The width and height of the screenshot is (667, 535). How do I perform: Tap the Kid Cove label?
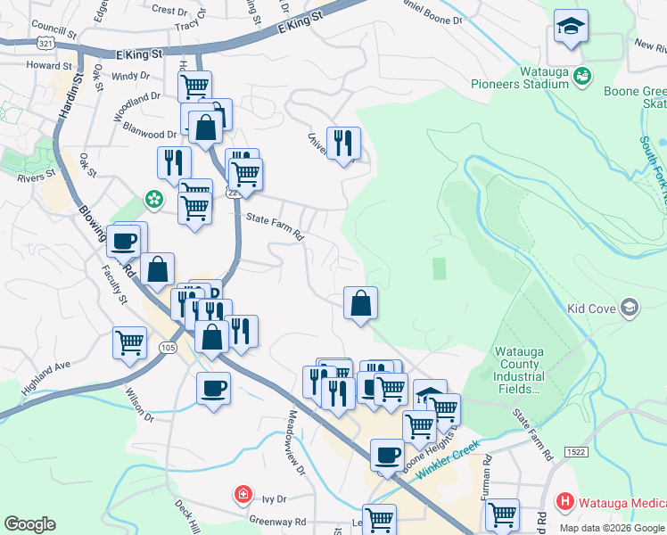pyautogui.click(x=590, y=309)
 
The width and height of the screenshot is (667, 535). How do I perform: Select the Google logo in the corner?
pyautogui.click(x=29, y=524)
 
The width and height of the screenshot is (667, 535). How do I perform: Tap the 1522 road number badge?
pyautogui.click(x=575, y=453)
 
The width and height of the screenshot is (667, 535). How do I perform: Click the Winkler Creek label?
pyautogui.click(x=448, y=452)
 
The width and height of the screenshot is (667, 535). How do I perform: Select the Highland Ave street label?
pyautogui.click(x=46, y=366)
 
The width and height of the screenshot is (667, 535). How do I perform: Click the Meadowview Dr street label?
pyautogui.click(x=295, y=441)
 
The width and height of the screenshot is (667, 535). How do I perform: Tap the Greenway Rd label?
pyautogui.click(x=277, y=522)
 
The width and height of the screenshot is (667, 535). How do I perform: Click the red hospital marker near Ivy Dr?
pyautogui.click(x=242, y=494)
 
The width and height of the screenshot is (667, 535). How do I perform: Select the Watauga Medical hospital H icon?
pyautogui.click(x=564, y=502)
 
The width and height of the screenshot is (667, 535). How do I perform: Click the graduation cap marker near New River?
pyautogui.click(x=570, y=27)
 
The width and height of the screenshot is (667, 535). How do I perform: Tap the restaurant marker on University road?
pyautogui.click(x=343, y=142)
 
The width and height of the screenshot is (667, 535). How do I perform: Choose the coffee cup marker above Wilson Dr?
pyautogui.click(x=213, y=388)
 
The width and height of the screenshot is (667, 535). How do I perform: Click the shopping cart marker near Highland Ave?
pyautogui.click(x=130, y=342)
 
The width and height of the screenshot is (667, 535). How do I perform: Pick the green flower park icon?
pyautogui.click(x=154, y=197)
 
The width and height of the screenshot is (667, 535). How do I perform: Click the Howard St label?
pyautogui.click(x=49, y=66)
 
